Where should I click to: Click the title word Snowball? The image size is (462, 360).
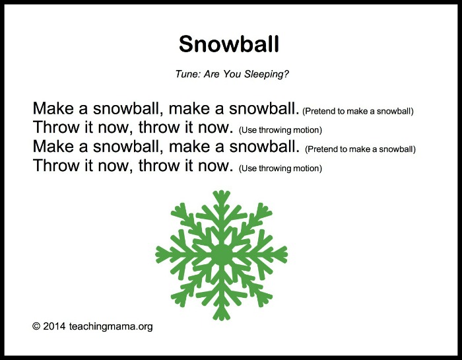(229, 44)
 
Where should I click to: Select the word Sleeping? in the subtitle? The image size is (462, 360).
(267, 74)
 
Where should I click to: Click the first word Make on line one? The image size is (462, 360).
(51, 108)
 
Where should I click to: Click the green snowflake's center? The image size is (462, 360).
(222, 254)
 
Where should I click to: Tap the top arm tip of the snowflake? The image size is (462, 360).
(222, 194)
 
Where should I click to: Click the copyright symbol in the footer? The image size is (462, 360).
(36, 326)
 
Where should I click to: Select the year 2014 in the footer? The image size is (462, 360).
(54, 326)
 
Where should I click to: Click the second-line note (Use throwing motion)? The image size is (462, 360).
(280, 130)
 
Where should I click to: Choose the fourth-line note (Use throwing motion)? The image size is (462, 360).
(280, 168)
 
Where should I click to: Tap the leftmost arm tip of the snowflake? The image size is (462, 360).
(158, 254)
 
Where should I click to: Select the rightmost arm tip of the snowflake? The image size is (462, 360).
(286, 254)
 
